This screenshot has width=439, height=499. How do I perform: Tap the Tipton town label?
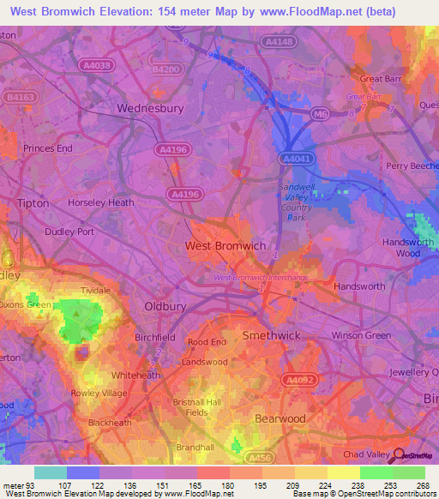pyautogui.click(x=34, y=203)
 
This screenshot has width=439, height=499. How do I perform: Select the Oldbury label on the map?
pyautogui.click(x=165, y=306)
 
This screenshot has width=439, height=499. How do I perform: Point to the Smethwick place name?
pyautogui.click(x=270, y=335)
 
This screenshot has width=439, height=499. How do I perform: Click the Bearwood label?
pyautogui.click(x=280, y=418)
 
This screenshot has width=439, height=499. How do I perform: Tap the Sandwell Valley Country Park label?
pyautogui.click(x=296, y=202)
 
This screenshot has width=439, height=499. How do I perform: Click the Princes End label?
pyautogui.click(x=47, y=148)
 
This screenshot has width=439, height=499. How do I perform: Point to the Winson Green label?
pyautogui.click(x=360, y=335)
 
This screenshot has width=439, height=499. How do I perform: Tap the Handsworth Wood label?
pyautogui.click(x=401, y=248)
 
